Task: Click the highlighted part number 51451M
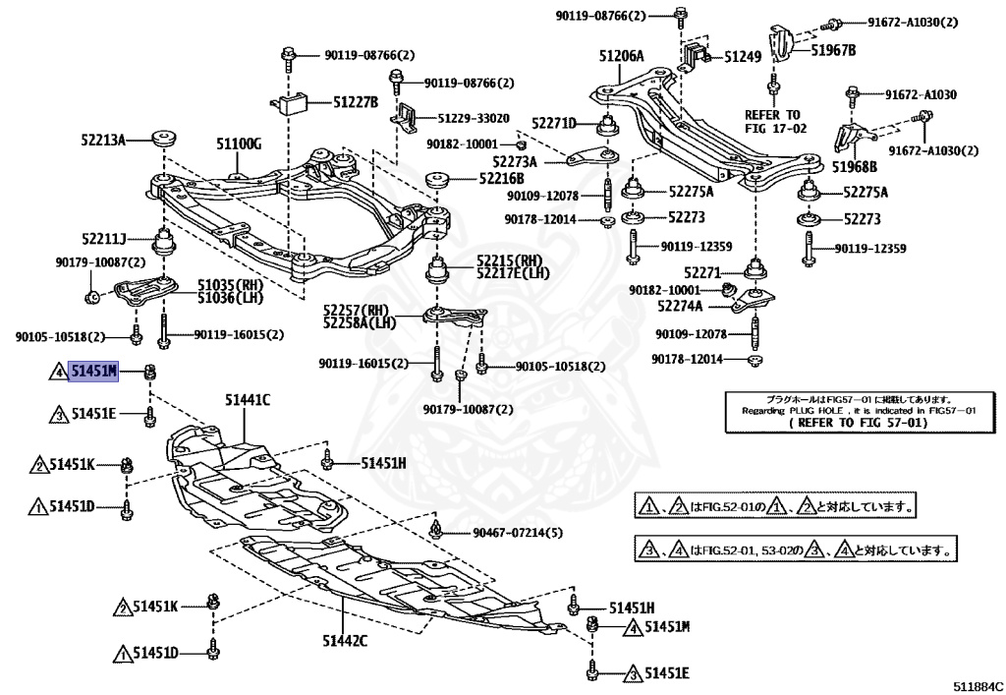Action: click(93, 371)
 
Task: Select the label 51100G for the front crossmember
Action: click(238, 144)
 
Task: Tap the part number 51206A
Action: click(621, 56)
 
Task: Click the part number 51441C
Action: click(247, 400)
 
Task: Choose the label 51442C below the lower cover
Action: click(345, 640)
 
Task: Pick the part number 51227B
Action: click(355, 101)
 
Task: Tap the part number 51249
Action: click(743, 56)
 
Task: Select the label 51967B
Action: click(833, 49)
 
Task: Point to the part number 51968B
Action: click(855, 167)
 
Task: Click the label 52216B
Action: click(501, 179)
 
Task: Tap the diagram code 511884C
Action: click(977, 685)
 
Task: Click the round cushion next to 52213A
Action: click(164, 138)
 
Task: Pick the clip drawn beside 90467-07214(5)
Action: click(436, 529)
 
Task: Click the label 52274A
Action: click(680, 306)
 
